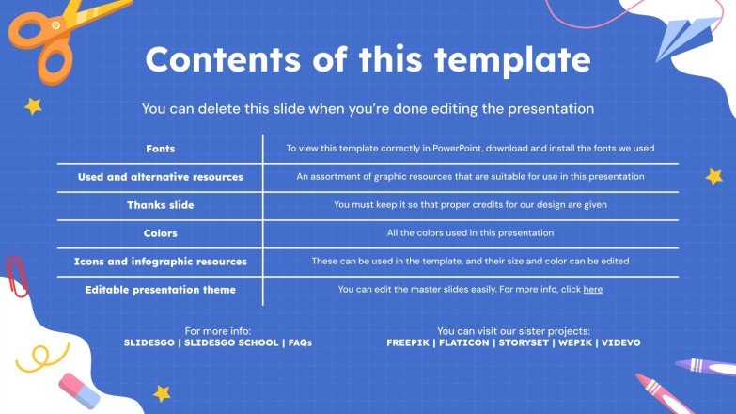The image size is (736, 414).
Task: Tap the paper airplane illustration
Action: [x=685, y=38]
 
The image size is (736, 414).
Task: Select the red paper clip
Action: [x=16, y=277]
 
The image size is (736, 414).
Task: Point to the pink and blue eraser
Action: [x=79, y=390]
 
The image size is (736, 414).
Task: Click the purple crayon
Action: [x=705, y=367]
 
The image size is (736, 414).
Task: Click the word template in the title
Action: [x=512, y=59]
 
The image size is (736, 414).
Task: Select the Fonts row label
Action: [x=161, y=149]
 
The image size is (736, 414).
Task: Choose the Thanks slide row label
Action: [x=161, y=205]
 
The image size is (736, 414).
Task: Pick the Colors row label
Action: [x=161, y=233]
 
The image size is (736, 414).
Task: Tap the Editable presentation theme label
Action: [x=161, y=290]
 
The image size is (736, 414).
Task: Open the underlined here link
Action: [x=593, y=290]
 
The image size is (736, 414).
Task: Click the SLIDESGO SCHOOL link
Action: [x=231, y=343]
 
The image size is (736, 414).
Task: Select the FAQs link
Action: [x=301, y=343]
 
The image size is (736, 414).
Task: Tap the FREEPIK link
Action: [x=408, y=343]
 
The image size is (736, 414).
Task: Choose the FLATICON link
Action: [x=463, y=343]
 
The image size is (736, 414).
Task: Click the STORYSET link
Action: [x=524, y=343]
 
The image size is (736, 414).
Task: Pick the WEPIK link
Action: [x=575, y=343]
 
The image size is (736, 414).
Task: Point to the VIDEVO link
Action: [x=621, y=343]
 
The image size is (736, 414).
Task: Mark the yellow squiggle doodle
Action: [x=41, y=358]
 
